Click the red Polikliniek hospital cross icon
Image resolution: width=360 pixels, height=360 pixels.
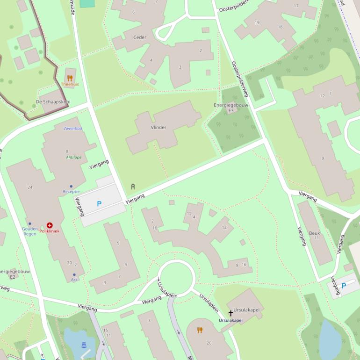click(50, 225)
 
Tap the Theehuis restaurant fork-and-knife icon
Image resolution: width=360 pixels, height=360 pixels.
click(70, 78)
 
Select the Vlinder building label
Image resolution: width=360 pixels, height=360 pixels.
click(158, 127)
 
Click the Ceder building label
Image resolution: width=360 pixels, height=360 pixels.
click(140, 37)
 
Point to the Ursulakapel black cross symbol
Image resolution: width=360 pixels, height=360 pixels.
click(230, 313)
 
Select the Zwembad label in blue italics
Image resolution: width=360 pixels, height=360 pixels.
click(72, 128)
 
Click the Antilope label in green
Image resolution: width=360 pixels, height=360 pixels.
click(73, 158)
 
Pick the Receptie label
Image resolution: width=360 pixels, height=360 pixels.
click(71, 192)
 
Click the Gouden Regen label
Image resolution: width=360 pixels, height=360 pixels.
click(30, 231)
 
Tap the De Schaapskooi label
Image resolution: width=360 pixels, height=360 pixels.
click(53, 101)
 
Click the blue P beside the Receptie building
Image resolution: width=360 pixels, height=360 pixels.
click(99, 204)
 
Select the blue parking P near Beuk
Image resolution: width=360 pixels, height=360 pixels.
click(344, 286)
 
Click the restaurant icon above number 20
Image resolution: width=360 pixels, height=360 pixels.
click(200, 330)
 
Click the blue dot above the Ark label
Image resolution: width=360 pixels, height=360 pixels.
click(74, 275)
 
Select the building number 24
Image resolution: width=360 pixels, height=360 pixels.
click(30, 187)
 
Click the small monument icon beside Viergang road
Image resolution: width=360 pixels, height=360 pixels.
click(133, 187)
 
